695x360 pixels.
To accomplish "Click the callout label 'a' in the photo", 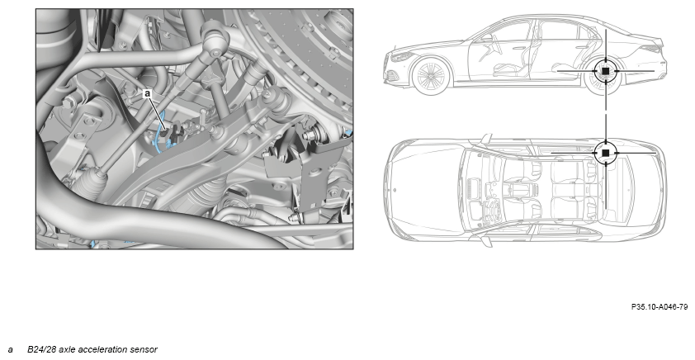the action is click(x=148, y=93).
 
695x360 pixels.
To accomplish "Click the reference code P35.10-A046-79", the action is click(x=660, y=307).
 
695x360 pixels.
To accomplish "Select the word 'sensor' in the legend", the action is click(x=145, y=349).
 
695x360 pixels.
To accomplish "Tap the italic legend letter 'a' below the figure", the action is click(x=10, y=350).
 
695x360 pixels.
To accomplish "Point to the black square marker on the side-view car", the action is click(x=606, y=70).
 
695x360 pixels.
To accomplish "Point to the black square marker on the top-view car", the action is click(x=606, y=153).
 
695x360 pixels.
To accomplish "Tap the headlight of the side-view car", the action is click(x=402, y=57).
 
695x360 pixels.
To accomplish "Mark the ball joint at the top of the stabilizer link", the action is click(x=212, y=35).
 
